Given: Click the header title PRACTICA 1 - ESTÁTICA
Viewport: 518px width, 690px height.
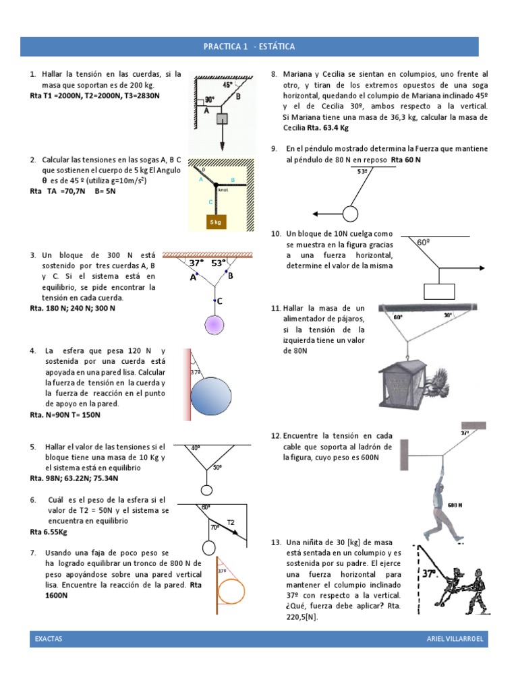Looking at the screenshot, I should (250, 46).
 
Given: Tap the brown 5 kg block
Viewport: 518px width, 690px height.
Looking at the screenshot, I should (215, 222).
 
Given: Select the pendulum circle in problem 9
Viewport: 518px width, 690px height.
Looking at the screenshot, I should (350, 214).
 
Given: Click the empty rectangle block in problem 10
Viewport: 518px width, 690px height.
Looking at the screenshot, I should (440, 290).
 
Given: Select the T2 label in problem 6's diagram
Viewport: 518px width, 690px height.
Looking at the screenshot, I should (230, 522).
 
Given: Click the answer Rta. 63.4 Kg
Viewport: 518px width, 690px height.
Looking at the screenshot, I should (326, 127).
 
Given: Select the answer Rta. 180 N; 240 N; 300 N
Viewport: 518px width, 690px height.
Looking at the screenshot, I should (73, 308).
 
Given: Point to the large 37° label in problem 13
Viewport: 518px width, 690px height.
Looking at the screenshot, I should (430, 574).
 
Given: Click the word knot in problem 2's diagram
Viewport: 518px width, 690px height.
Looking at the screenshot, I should (223, 191).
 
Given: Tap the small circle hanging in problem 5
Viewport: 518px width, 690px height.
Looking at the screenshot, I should (207, 490).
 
